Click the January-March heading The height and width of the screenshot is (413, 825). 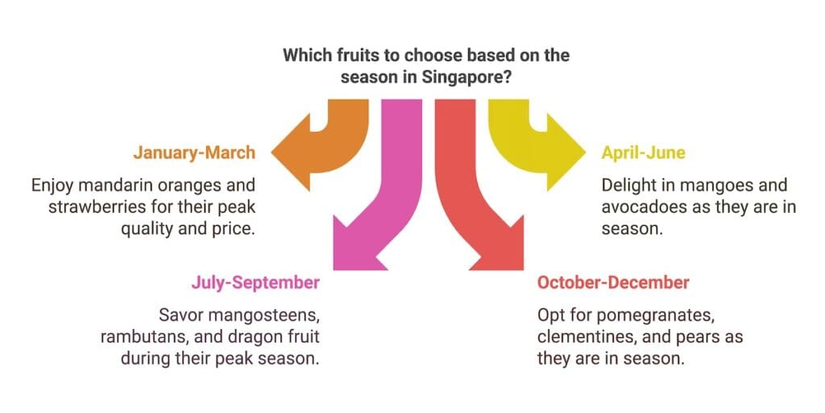194,152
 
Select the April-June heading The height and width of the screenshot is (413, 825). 643,152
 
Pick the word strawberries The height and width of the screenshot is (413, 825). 96,206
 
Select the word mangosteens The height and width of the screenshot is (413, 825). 274,315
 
